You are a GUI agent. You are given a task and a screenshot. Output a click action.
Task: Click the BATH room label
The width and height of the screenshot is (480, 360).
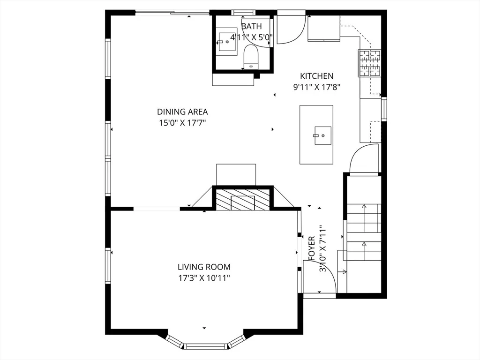251,26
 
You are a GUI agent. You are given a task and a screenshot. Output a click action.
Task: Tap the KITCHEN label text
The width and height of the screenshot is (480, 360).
316,76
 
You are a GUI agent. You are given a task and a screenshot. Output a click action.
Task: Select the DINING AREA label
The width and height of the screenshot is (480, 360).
182,112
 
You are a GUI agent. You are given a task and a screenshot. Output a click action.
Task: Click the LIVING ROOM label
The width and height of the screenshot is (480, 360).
204,267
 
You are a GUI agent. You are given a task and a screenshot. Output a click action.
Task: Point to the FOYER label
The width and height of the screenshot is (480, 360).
312,248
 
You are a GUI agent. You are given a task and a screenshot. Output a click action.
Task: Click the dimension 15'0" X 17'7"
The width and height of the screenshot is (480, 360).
182,123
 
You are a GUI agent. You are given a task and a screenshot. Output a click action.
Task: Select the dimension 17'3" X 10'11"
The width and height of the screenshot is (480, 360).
204,278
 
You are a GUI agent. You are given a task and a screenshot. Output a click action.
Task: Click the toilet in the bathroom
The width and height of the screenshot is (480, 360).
251,57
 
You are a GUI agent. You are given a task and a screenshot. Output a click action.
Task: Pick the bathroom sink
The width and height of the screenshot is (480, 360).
227,42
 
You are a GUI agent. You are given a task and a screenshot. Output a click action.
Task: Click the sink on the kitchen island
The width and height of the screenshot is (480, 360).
322,135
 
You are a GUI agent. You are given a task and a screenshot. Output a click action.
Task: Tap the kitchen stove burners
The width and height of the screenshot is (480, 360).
370,63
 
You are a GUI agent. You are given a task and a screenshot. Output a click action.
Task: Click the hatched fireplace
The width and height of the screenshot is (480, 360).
243,200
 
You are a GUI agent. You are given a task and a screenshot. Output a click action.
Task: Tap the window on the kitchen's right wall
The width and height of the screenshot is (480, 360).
384,109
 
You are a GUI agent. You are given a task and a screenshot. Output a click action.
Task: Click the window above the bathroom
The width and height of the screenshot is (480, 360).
243,13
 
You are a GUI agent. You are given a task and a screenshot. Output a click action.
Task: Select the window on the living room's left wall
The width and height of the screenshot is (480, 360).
108,266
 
